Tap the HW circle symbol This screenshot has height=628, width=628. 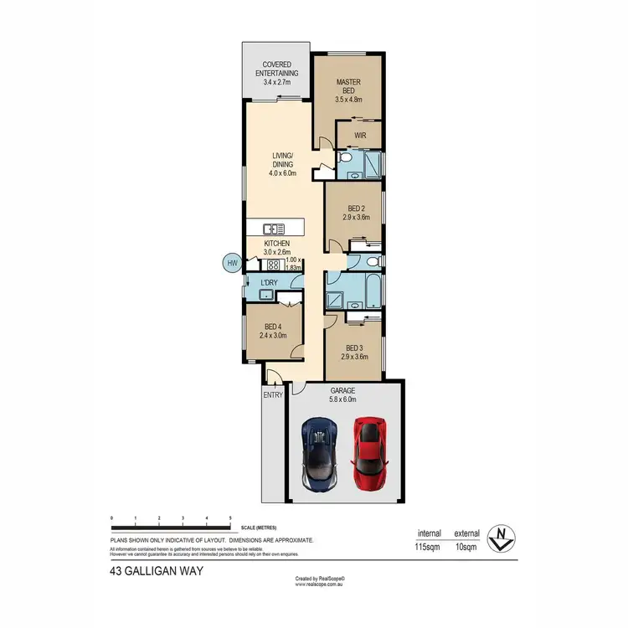232,263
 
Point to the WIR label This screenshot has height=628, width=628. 361,135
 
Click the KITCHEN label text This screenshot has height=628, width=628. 276,243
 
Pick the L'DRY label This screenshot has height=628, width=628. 269,283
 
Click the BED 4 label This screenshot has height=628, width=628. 272,329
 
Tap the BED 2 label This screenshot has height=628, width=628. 355,208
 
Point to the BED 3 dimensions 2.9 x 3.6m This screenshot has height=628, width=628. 355,357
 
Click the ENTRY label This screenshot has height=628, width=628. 274,394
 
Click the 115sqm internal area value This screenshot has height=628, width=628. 427,547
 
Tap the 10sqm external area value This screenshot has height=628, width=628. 466,547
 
